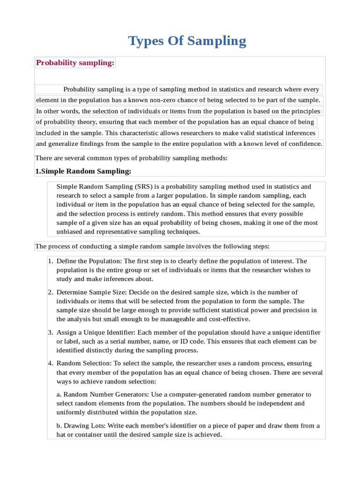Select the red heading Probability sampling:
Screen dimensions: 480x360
click(x=75, y=63)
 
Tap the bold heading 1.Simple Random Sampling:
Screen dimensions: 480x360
click(x=83, y=171)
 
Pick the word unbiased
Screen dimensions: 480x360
click(x=70, y=232)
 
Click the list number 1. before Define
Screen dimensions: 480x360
click(x=51, y=261)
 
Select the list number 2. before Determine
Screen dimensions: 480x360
click(x=51, y=292)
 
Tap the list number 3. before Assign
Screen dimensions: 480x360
click(x=51, y=332)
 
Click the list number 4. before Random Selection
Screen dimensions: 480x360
click(x=51, y=364)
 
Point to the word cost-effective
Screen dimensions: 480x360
click(x=227, y=319)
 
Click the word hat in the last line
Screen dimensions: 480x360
click(x=61, y=435)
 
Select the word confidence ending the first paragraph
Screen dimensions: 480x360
click(x=306, y=144)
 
